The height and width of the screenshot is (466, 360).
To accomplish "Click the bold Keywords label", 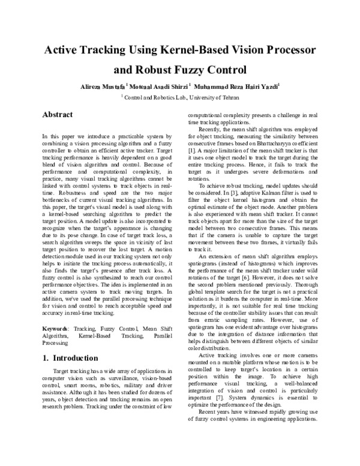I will [x=58, y=329].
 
